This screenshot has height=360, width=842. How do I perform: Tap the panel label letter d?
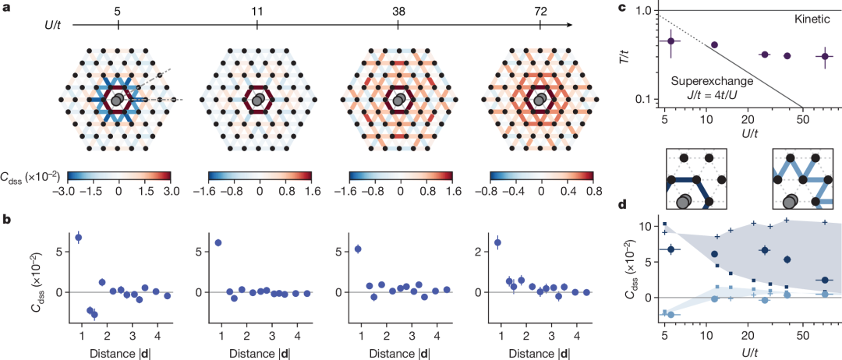644,205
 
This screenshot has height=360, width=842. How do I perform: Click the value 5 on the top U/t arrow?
118,11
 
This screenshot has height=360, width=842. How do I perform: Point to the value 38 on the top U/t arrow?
398,11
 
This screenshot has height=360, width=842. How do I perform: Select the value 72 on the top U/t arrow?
538,11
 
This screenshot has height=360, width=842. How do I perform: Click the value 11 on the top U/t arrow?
258,11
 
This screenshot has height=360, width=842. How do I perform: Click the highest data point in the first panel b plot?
78,237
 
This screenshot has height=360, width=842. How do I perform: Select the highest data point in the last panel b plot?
498,242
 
